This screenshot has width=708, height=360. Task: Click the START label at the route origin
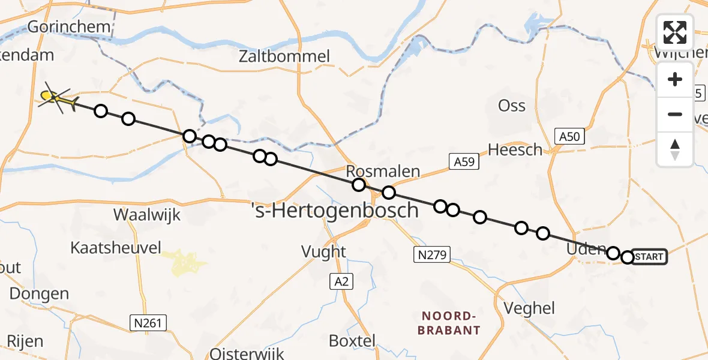(x=649, y=257)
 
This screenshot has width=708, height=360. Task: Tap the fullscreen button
(x=675, y=32)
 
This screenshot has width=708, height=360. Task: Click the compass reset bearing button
(x=675, y=149)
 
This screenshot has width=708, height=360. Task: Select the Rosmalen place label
(x=383, y=172)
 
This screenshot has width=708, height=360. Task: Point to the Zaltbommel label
(x=284, y=57)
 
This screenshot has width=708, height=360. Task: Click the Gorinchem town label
(x=69, y=26)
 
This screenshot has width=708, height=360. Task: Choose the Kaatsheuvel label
(x=116, y=247)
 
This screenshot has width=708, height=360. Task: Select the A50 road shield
(x=569, y=137)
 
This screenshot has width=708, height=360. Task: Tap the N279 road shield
(x=432, y=256)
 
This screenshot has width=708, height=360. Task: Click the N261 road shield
(x=148, y=323)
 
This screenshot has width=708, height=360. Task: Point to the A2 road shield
(x=340, y=280)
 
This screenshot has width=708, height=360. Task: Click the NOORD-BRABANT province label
(x=449, y=323)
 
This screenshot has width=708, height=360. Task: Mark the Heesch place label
(x=515, y=150)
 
